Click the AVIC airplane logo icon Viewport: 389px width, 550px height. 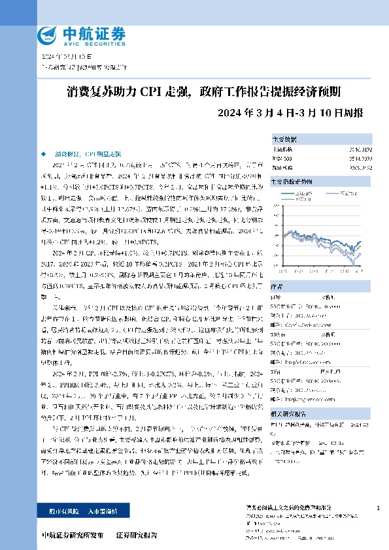coord(47,33)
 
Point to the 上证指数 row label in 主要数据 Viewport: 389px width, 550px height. coord(282,150)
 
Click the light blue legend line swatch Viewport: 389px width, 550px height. coord(331,193)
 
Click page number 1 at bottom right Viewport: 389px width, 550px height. coord(378,508)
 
